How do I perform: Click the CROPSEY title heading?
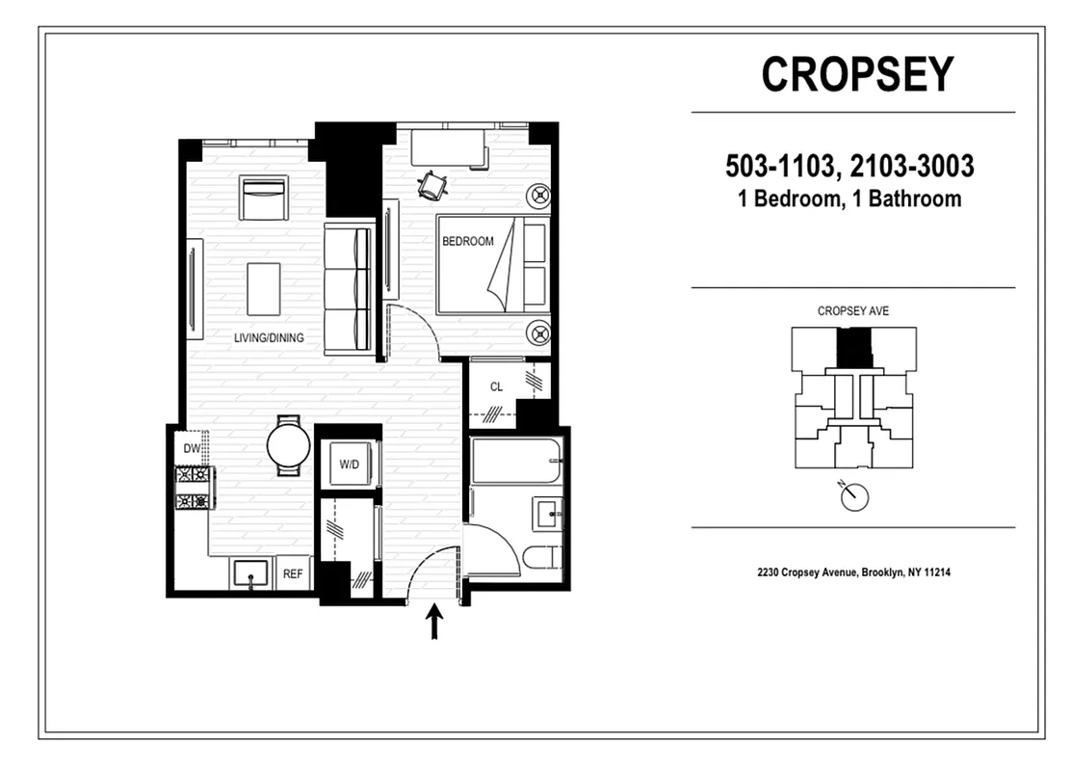856,74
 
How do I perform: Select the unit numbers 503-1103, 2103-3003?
849,167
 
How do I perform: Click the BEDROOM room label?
467,241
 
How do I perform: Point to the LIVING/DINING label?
269,337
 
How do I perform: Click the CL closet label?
496,387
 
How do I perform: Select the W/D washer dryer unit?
349,465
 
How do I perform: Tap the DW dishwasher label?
191,448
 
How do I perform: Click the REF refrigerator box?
293,574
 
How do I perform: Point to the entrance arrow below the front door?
434,622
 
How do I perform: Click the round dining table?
288,446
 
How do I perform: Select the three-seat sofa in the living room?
348,289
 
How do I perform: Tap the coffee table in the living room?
263,289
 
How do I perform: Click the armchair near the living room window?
264,199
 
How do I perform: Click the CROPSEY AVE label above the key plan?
852,311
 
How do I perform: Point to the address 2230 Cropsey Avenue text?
853,572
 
